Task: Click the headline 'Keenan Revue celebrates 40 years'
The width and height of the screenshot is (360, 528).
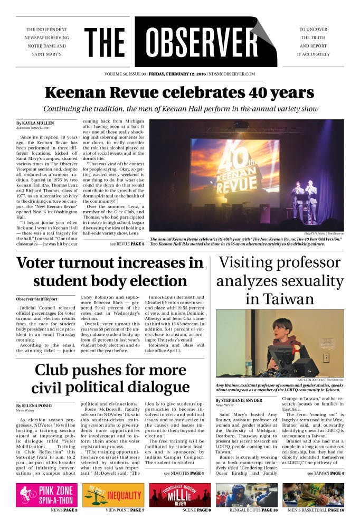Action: click(x=179, y=93)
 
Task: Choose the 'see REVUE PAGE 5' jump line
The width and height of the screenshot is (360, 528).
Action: click(x=127, y=244)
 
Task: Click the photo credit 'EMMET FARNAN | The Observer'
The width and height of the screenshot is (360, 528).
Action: click(x=324, y=233)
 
